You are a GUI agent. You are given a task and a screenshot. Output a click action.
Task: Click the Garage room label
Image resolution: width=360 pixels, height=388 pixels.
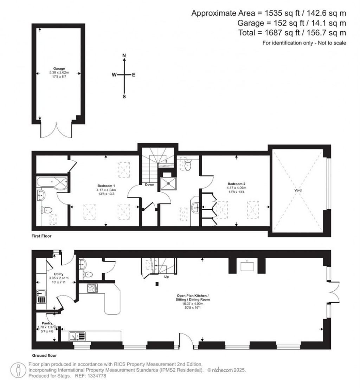tap(59, 69)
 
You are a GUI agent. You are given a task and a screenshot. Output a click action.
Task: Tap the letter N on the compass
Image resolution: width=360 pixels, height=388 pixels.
tap(124, 56)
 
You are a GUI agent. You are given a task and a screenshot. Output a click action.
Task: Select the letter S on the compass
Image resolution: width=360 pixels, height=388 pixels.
tap(124, 97)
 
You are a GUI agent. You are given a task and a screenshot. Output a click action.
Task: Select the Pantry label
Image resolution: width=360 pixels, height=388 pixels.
tap(47, 323)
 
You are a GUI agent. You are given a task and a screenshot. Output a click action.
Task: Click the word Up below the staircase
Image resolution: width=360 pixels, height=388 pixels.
tap(167, 277)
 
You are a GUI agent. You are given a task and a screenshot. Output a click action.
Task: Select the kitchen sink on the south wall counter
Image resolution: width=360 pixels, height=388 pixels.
tap(77, 336)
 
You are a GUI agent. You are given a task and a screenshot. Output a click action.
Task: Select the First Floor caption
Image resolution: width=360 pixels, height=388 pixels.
tap(41, 236)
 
